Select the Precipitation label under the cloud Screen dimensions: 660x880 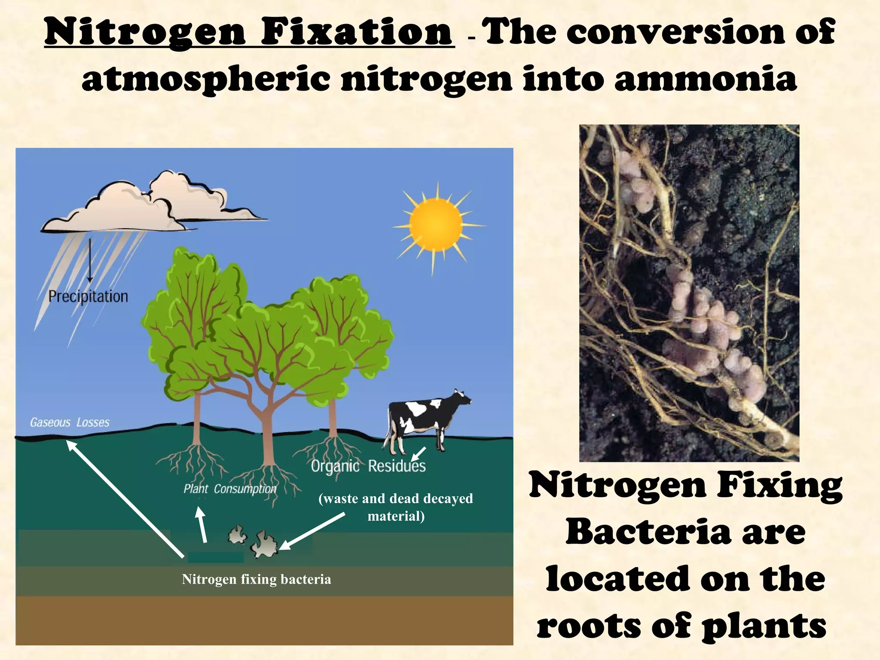(x=88, y=296)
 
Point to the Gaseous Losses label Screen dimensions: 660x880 (x=70, y=422)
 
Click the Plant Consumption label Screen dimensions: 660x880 (x=230, y=489)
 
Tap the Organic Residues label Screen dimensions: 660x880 (x=368, y=466)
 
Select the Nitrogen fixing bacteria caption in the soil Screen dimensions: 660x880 (x=257, y=579)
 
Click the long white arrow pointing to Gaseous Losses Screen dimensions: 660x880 (x=125, y=498)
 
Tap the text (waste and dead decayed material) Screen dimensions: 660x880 (x=396, y=507)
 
